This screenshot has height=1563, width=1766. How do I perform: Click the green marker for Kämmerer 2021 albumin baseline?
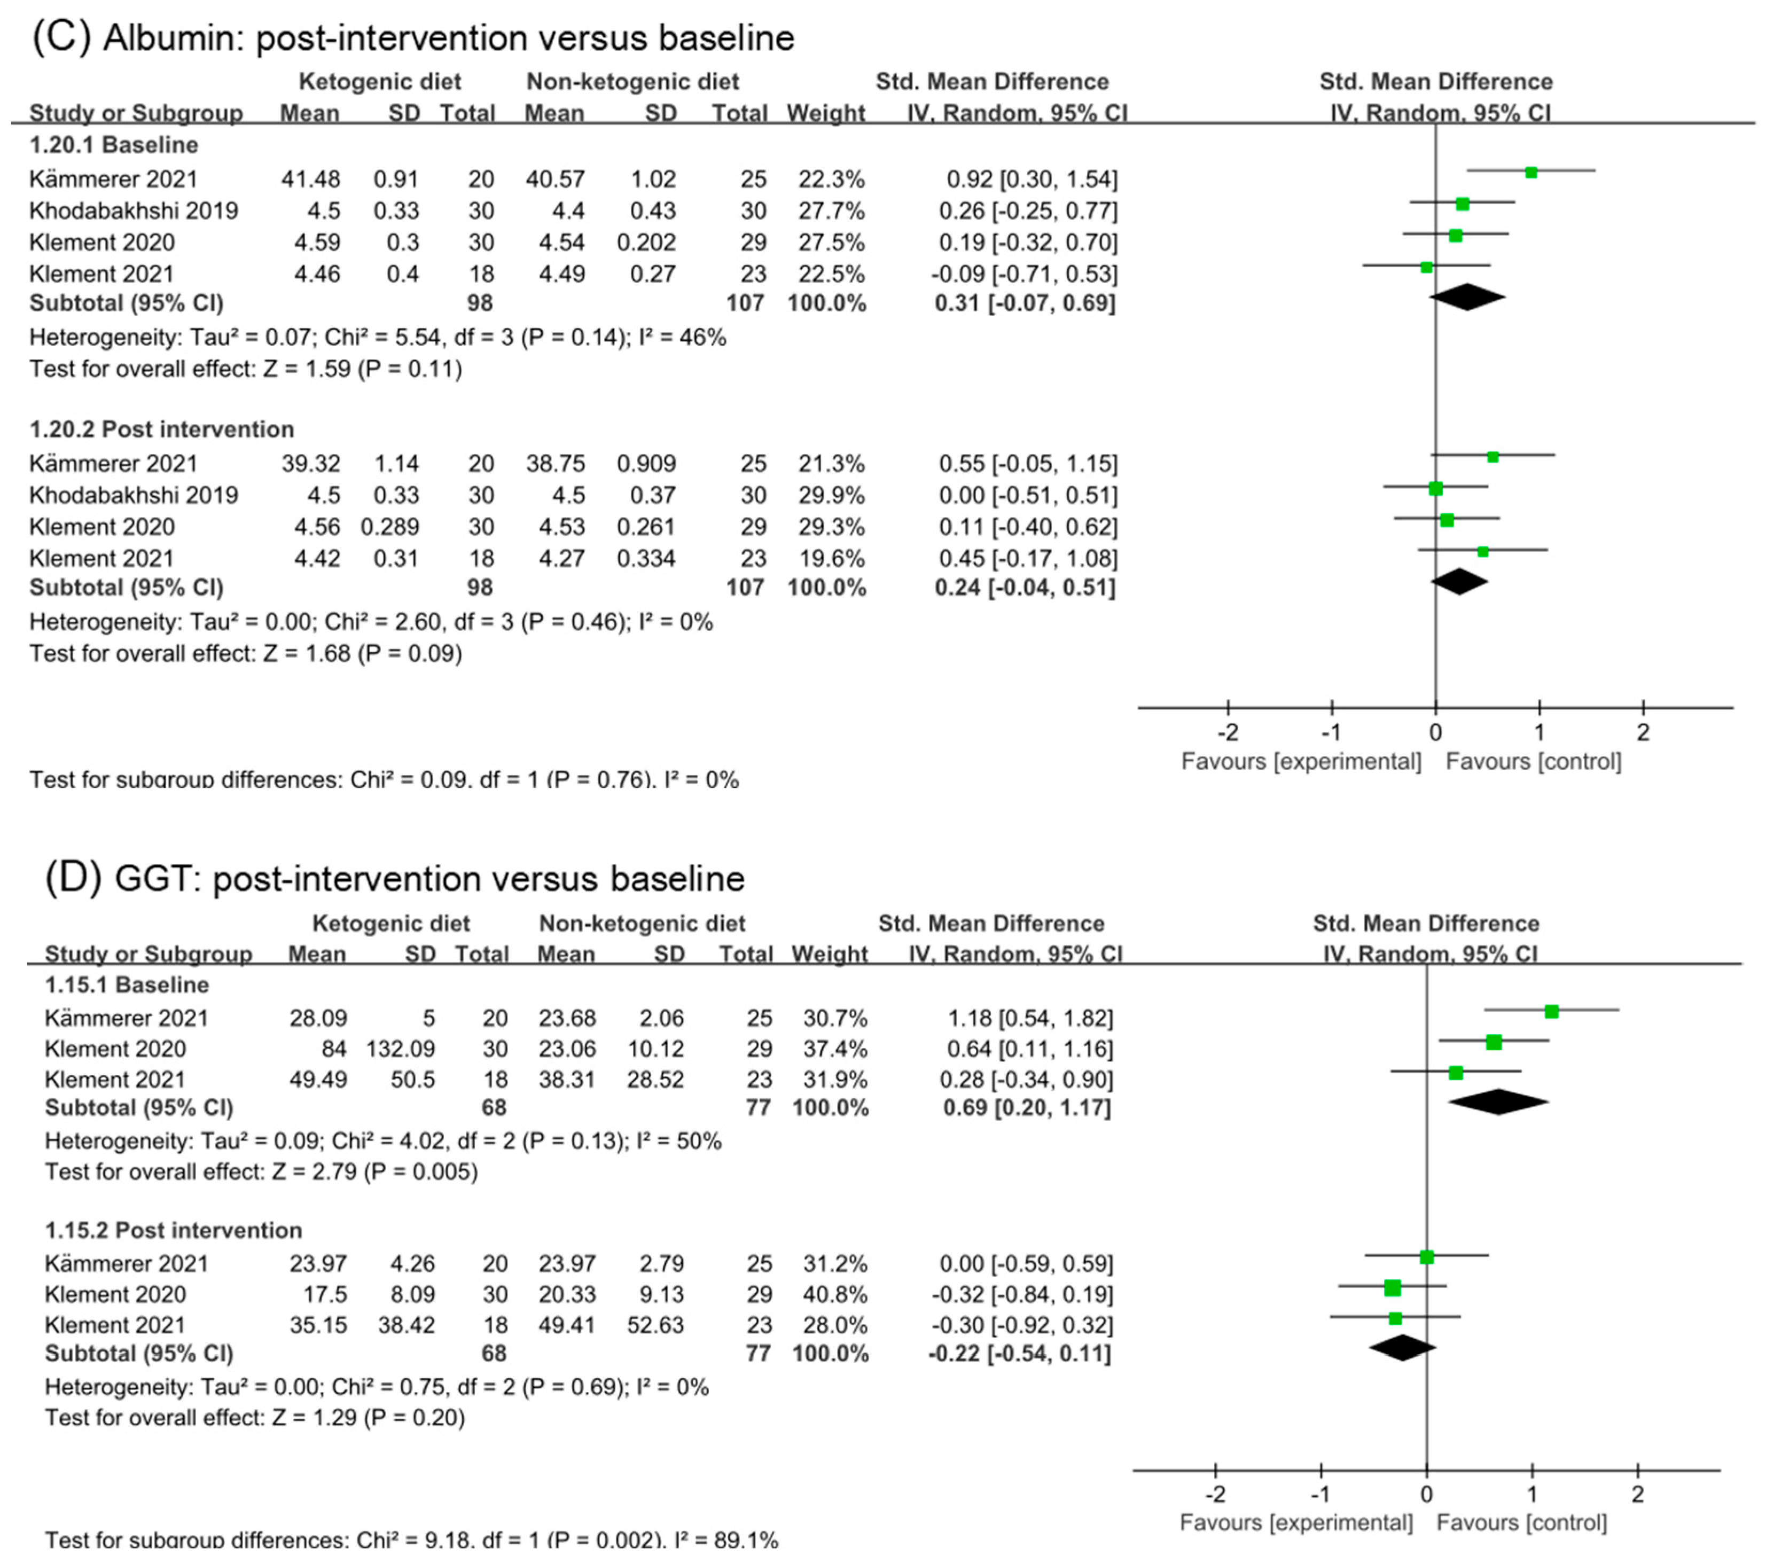pos(1531,173)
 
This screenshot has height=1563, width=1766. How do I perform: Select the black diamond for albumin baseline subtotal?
pos(1467,296)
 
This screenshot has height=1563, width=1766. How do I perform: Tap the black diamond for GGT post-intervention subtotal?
pos(1402,1347)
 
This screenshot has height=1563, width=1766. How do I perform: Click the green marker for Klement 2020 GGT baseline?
pos(1494,1043)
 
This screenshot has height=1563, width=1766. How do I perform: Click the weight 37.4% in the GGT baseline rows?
pos(830,1049)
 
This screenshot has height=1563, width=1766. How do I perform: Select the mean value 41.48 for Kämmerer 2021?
pos(310,179)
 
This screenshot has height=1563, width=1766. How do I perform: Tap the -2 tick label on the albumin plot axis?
pos(1228,733)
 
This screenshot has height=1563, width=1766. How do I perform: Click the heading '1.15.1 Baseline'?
pos(127,985)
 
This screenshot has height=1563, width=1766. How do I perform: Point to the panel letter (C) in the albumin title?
pos(61,38)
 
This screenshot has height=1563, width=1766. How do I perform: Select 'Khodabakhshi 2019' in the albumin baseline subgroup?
pos(134,211)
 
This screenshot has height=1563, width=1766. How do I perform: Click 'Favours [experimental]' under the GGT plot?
pos(1296,1522)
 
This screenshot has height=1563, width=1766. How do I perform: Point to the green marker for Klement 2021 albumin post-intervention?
pos(1482,551)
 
